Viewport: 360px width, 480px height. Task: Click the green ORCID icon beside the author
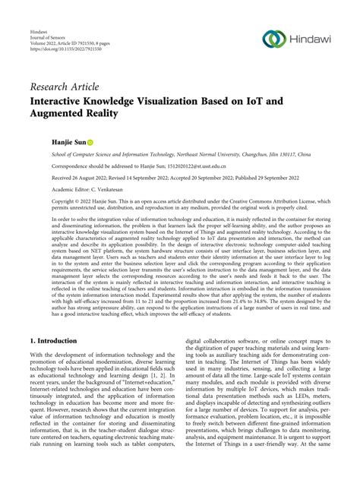tap(90, 141)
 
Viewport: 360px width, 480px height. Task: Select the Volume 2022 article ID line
tap(74, 49)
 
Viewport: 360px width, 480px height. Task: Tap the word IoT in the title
tap(248, 99)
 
